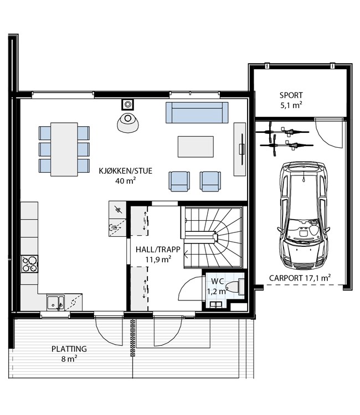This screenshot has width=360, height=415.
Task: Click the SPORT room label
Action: (291, 95)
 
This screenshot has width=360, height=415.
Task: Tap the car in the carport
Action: (304, 215)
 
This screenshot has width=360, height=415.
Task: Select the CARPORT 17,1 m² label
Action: (300, 278)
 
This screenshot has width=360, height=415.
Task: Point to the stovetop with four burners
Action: (30, 264)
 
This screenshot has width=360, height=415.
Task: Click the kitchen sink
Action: (55, 302)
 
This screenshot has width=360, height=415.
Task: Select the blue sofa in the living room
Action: (197, 112)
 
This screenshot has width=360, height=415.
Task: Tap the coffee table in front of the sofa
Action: (196, 147)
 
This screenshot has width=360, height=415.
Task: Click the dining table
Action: (64, 149)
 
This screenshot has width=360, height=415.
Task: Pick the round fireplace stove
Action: (128, 122)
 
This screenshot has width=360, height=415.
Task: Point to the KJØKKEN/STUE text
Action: (126, 171)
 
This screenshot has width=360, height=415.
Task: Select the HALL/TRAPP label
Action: (158, 250)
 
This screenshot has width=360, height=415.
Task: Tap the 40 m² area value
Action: (126, 181)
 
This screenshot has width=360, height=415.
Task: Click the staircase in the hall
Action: (214, 237)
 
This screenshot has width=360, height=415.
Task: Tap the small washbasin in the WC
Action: (217, 305)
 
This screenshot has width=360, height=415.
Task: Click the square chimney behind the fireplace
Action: (128, 104)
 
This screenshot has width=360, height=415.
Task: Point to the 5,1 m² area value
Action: (291, 105)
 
